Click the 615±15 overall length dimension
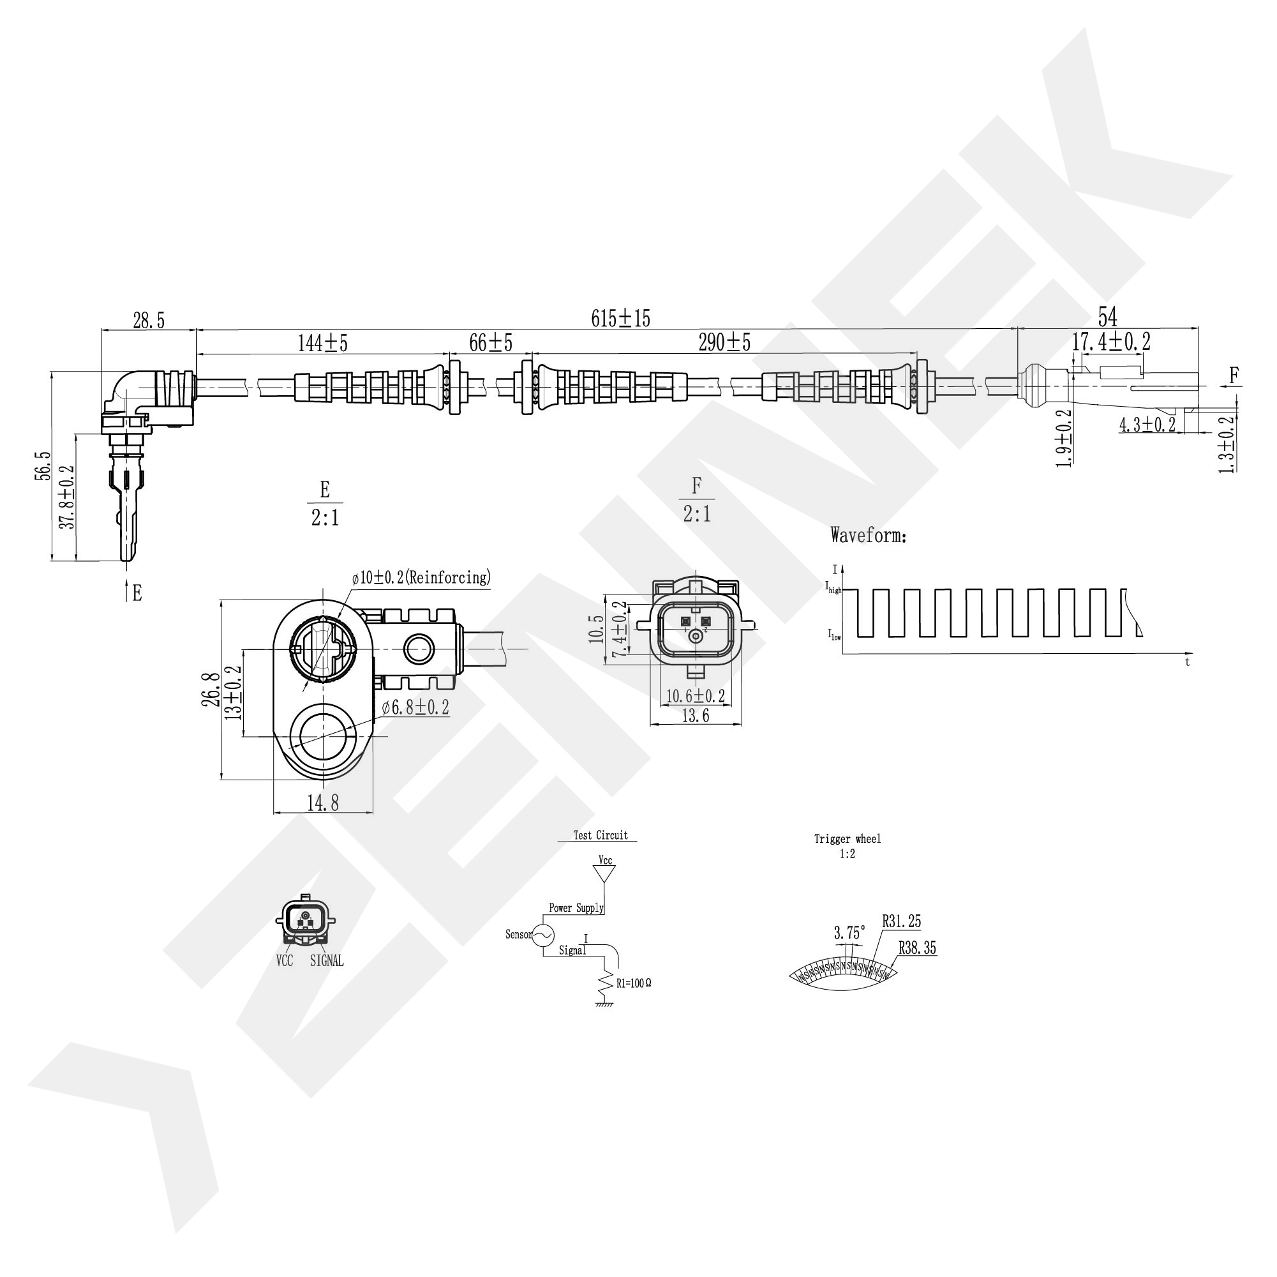[x=620, y=319]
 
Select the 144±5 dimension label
[x=322, y=344]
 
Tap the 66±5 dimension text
[x=490, y=343]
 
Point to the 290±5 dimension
[x=724, y=343]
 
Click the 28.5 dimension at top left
[x=149, y=321]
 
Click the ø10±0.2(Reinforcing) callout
[x=421, y=577]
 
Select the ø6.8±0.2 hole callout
[x=415, y=707]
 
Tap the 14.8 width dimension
[x=322, y=803]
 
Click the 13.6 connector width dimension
[x=696, y=716]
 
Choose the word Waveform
[x=868, y=535]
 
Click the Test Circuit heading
[x=600, y=835]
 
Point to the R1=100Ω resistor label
[x=633, y=983]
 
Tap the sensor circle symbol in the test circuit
[x=542, y=934]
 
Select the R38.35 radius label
[x=918, y=948]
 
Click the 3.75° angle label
[x=849, y=933]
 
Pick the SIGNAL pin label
[x=327, y=961]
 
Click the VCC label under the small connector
[x=284, y=961]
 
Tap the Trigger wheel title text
[x=848, y=839]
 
